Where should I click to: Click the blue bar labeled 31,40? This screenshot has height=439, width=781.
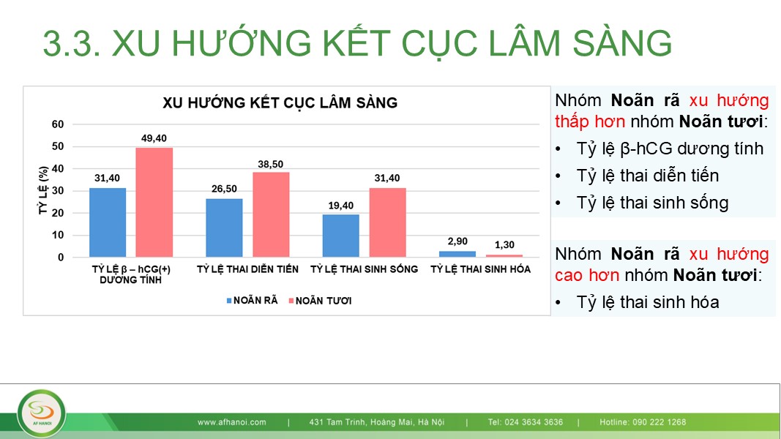coord(108,222)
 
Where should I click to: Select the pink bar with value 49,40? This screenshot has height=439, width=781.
coord(154,203)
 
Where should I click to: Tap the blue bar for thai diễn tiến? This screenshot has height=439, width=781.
coord(224,228)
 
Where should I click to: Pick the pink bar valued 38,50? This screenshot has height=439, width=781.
coord(271,214)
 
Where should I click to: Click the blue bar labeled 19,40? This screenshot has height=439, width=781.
coord(340,236)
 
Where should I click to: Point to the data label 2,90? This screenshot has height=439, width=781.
coord(457,241)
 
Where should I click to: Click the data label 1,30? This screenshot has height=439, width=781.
coord(504,245)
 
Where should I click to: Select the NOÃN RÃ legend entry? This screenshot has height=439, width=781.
coord(252,301)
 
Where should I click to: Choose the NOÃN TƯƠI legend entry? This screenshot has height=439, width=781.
coord(321,301)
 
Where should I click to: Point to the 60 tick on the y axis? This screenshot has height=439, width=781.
coord(58,124)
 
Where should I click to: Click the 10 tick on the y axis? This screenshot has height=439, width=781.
coord(58,235)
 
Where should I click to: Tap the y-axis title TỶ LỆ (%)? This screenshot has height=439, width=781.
coord(43,191)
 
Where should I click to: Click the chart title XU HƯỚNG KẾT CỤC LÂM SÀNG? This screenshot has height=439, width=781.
coord(280,103)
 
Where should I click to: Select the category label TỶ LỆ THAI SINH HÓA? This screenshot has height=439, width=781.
coord(481,269)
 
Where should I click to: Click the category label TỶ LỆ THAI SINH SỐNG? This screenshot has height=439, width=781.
coord(364,269)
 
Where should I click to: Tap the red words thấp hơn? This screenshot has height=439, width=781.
coord(590,121)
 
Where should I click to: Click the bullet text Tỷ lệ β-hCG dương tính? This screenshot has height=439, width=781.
coord(670,149)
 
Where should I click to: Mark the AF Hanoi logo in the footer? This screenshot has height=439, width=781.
coord(41,413)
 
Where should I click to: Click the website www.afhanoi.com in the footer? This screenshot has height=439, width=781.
coord(231,422)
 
